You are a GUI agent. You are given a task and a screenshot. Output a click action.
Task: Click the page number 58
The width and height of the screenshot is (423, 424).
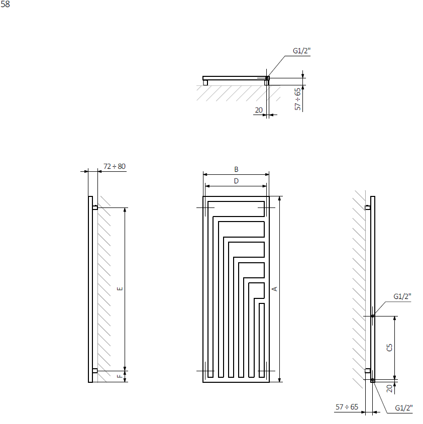5,5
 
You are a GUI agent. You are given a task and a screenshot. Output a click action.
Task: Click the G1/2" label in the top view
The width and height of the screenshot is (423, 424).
301,51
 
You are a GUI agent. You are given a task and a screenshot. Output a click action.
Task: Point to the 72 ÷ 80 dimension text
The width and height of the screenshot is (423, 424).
115,166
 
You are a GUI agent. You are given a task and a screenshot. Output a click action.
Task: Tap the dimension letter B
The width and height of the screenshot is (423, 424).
236,169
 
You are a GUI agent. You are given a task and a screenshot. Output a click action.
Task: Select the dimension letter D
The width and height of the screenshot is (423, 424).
236,181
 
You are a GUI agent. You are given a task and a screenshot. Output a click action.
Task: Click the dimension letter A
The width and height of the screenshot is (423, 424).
274,289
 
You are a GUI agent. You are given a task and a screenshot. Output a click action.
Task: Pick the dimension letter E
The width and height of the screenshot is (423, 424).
120,288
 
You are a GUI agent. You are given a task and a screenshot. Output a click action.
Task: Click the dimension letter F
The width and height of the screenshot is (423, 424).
120,376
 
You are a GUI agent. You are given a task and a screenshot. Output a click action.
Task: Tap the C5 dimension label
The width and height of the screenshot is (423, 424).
389,348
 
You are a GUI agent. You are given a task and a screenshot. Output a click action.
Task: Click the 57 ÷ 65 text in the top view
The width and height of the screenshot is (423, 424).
297,99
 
